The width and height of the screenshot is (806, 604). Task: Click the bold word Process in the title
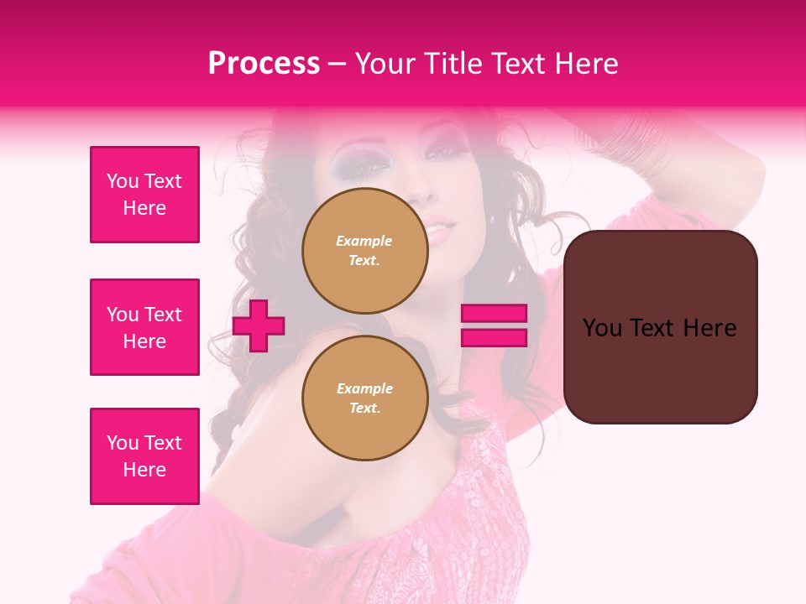pos(264,64)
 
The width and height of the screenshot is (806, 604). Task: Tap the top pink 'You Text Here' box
pos(144,195)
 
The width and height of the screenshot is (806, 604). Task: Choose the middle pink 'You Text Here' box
pos(144,327)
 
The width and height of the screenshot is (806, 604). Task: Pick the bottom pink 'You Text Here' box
pos(144,456)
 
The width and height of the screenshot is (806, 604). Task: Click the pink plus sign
pos(259,325)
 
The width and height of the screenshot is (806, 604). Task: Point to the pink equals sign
pos(494,325)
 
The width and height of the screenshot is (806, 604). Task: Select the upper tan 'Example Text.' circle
pos(364,250)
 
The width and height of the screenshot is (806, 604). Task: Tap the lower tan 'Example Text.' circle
pos(364,398)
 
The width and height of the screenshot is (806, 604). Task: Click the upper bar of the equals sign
pos(494,314)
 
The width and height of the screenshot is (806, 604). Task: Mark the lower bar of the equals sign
pos(494,338)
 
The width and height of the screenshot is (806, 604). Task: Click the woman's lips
pos(439,227)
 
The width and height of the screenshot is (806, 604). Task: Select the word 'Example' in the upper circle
pos(364,241)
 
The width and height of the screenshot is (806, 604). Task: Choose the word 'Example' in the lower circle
pos(364,388)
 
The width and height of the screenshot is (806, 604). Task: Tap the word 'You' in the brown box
pos(602,328)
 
